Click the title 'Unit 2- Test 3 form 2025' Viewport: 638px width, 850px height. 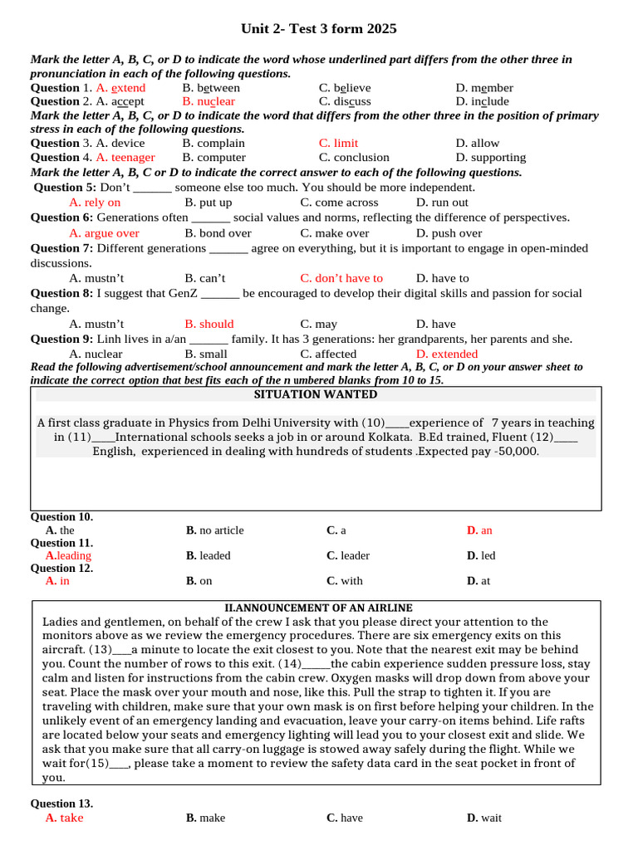[x=319, y=29]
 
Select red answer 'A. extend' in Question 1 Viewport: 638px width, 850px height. [x=120, y=88]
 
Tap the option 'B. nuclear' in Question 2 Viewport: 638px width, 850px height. [x=209, y=102]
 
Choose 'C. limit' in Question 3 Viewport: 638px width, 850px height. [x=339, y=144]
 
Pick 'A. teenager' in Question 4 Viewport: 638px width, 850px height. [x=125, y=158]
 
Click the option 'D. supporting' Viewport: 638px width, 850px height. [x=491, y=158]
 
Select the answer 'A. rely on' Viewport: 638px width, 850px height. [x=95, y=203]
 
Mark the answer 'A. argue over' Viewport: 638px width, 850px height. [x=105, y=234]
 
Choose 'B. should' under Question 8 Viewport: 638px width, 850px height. [x=209, y=325]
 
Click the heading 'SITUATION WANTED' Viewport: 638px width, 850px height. [x=316, y=394]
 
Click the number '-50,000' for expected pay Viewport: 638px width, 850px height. [x=515, y=452]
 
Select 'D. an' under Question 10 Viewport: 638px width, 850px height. [x=479, y=530]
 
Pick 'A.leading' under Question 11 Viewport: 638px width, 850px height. [x=68, y=555]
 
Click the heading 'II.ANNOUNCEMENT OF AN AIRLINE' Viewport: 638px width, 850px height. [x=319, y=608]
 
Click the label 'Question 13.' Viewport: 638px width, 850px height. [x=61, y=804]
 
